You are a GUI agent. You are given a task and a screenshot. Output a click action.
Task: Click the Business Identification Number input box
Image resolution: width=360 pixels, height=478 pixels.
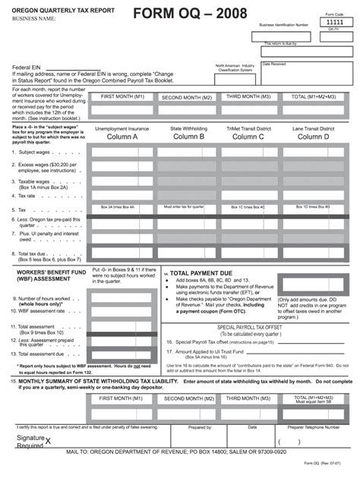tap(283, 36)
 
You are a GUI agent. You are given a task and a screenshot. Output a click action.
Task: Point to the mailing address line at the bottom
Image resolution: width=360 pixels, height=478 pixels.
tap(179, 451)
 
